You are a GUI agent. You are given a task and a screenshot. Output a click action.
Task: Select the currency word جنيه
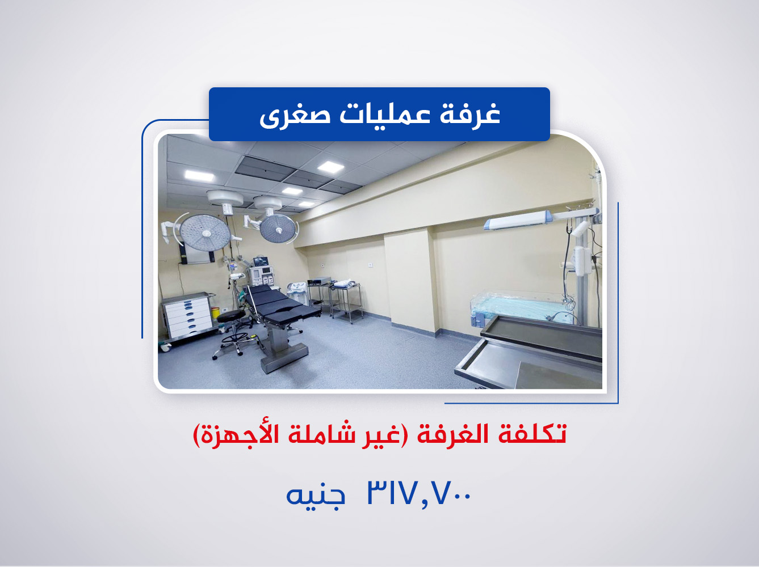pos(316,495)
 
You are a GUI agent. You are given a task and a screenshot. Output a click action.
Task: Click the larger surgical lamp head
pos(204,232)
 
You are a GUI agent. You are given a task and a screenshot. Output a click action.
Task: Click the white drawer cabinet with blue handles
pos(187,316)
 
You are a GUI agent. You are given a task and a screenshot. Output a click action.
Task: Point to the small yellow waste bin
pos(215,312)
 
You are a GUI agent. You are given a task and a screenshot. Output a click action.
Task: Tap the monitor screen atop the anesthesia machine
pos(261,261)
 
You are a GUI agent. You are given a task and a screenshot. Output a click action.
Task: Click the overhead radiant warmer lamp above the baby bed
pos(517,221)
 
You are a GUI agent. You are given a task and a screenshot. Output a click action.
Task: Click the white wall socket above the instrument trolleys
pos(370,265)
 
